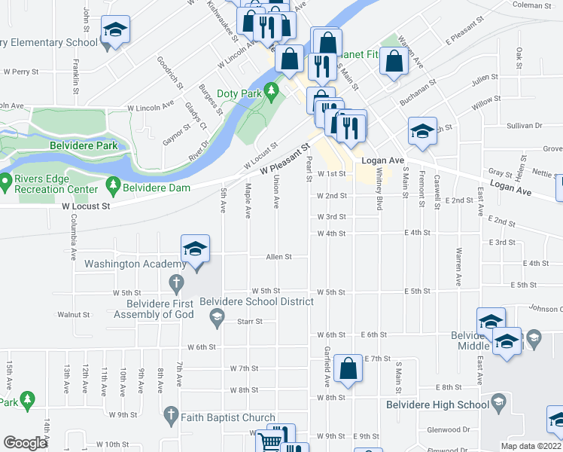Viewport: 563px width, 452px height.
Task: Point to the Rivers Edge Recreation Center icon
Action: coord(6,182)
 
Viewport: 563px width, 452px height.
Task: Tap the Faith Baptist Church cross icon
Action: coord(171,416)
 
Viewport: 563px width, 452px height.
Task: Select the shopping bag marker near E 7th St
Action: coord(348,369)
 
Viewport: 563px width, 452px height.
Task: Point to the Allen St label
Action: coord(278,257)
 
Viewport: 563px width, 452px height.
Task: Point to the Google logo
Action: coord(25,443)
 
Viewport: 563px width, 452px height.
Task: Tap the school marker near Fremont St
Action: coord(423,132)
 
